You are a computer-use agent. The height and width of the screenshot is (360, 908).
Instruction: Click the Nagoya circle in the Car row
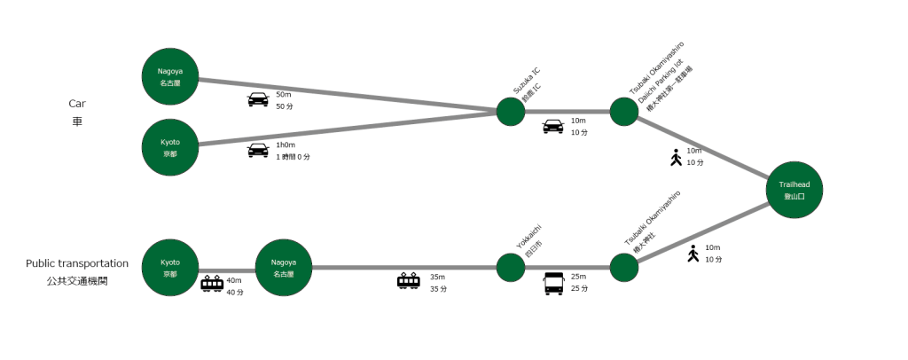(x=170, y=76)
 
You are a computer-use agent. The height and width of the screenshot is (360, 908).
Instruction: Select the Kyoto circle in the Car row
(x=170, y=147)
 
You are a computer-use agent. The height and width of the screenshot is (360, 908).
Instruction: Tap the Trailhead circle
(x=794, y=190)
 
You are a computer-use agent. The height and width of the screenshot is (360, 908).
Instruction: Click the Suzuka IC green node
(x=511, y=112)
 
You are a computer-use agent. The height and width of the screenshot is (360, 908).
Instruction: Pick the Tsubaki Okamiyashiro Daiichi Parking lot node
(x=624, y=112)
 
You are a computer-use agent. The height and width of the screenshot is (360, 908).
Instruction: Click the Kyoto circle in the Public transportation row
(x=170, y=268)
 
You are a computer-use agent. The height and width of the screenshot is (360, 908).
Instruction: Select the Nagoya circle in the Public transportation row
(x=284, y=268)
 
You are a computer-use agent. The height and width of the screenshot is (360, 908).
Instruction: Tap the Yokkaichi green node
(x=511, y=268)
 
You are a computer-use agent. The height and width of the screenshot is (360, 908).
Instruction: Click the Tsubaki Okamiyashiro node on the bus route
(x=624, y=268)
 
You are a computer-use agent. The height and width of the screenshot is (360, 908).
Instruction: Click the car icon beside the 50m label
(x=257, y=99)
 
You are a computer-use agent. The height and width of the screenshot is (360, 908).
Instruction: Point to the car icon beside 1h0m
(x=257, y=150)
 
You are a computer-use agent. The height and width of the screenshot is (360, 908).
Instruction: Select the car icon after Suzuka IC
(x=553, y=127)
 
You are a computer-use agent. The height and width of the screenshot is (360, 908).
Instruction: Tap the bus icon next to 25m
(x=553, y=284)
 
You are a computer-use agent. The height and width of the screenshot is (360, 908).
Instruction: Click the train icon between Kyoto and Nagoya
(x=213, y=284)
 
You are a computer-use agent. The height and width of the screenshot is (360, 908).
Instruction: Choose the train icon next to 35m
(x=409, y=282)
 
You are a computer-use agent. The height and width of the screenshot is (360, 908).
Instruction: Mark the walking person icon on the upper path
(x=677, y=158)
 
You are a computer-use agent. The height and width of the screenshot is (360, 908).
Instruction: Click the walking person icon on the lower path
(x=693, y=254)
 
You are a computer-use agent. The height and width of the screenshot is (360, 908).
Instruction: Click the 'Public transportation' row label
(x=77, y=263)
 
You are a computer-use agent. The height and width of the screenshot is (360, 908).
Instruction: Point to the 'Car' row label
(x=76, y=103)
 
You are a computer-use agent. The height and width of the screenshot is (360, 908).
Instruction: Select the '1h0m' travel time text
(x=286, y=145)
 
